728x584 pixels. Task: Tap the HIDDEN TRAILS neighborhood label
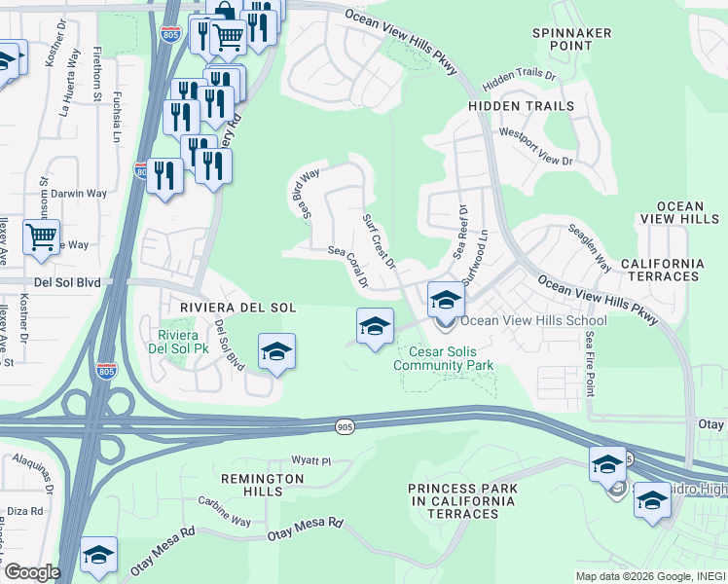click(521, 105)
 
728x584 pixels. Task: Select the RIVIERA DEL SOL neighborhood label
click(237, 308)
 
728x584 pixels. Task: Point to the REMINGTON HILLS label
click(262, 486)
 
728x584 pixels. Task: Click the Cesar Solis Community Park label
click(443, 358)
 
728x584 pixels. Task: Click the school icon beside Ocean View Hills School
click(446, 298)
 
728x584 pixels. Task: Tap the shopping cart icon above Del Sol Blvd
click(41, 237)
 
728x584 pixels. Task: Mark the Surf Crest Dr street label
click(379, 242)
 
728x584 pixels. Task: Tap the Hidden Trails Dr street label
click(518, 75)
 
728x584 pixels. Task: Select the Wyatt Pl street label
click(312, 459)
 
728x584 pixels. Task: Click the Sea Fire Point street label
click(590, 362)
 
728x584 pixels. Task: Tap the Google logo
click(32, 571)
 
